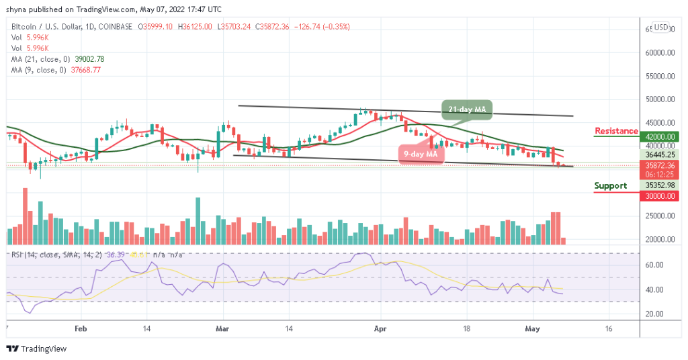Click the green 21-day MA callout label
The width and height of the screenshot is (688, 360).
click(466, 109)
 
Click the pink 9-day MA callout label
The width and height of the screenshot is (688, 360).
click(421, 154)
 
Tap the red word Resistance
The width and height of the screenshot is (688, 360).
click(616, 131)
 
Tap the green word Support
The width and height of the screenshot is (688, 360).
click(611, 186)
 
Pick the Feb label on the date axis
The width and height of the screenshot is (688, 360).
click(81, 330)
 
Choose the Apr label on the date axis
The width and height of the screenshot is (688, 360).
click(380, 330)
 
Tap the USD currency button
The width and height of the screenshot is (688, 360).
click(661, 28)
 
